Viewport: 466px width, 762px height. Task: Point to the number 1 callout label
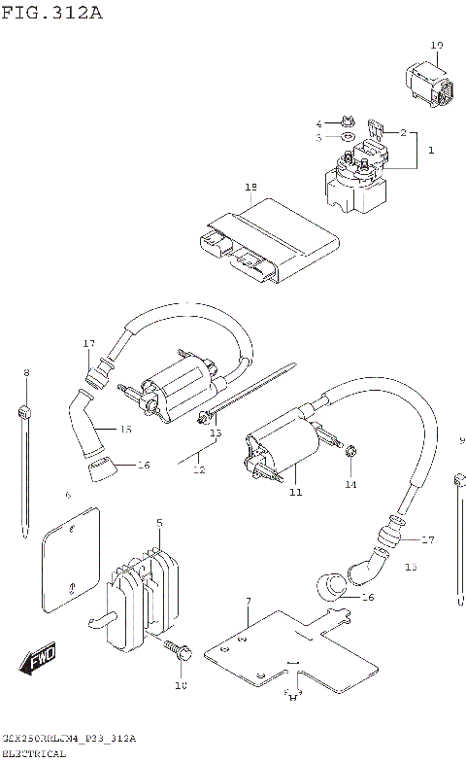[431, 151]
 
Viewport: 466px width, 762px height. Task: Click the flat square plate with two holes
[71, 563]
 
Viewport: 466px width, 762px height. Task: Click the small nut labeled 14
[350, 452]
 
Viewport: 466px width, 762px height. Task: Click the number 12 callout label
[199, 469]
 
